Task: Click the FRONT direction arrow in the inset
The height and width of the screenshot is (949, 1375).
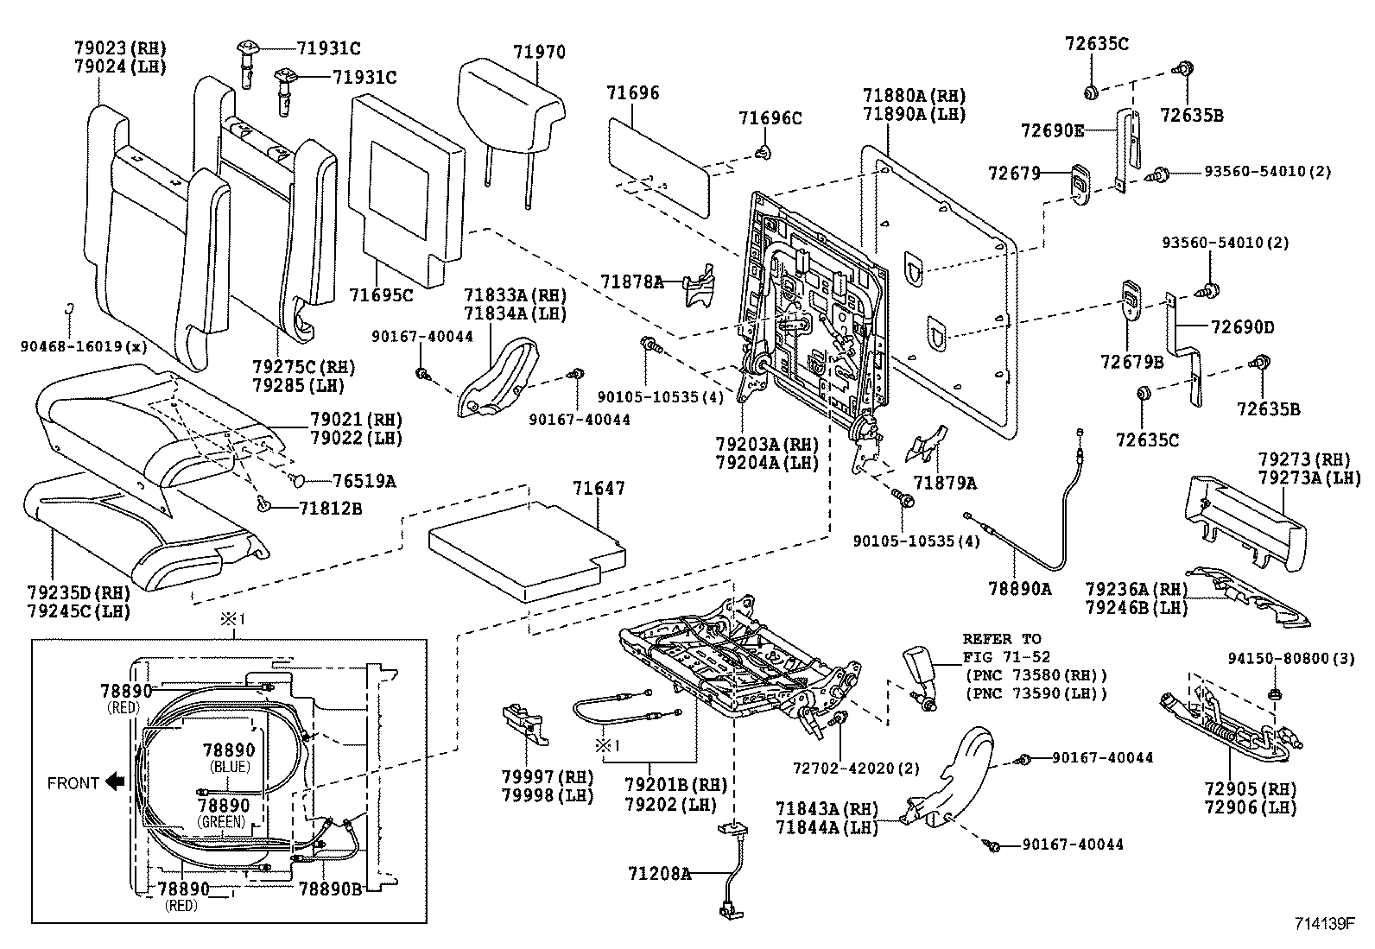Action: click(114, 782)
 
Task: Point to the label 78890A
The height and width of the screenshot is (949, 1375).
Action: click(1020, 589)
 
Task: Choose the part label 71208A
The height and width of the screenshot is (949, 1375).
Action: click(659, 874)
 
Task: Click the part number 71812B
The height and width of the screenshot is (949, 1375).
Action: click(331, 509)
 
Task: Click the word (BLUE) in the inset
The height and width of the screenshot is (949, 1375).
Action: click(229, 767)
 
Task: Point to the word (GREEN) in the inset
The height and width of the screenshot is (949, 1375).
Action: click(222, 821)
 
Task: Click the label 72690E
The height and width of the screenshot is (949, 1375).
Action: click(1051, 130)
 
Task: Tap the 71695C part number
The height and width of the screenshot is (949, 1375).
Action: click(381, 295)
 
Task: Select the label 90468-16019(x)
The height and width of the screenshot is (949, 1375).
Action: click(83, 347)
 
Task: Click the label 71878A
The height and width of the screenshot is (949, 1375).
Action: click(632, 281)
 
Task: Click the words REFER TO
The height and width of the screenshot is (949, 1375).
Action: click(1002, 639)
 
